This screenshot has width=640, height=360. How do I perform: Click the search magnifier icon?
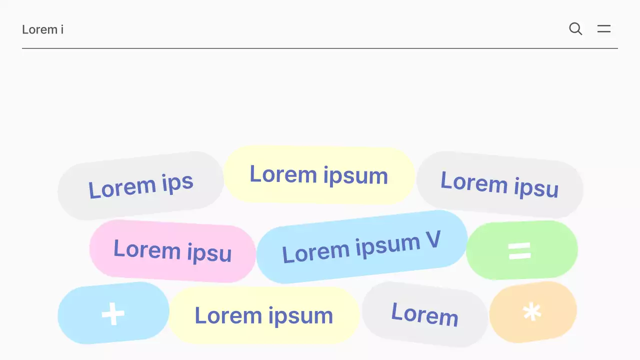point(575,29)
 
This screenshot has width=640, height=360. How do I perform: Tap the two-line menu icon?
point(604,29)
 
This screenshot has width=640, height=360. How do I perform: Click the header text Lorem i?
point(42,29)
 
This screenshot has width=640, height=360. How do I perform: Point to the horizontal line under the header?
point(320,48)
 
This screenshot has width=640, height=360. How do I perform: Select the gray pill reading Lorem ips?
point(140,185)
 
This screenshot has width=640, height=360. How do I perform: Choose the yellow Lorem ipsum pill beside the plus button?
point(263,315)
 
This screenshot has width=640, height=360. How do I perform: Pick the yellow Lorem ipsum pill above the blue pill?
point(318,174)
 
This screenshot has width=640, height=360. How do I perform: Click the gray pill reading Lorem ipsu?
point(499,184)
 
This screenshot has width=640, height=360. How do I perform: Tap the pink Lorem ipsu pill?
point(172,250)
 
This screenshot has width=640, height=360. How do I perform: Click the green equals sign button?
point(521,250)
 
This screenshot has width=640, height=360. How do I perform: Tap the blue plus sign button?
point(113,313)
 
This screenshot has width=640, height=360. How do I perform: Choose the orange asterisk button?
point(532,312)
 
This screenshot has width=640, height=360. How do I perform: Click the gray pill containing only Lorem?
point(424,314)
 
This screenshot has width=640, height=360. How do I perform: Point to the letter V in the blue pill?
point(433,240)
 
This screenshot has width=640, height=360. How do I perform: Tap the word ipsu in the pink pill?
point(209,253)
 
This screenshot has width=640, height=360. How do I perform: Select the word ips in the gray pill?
point(177,183)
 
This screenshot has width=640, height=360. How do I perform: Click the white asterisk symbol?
point(532,312)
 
